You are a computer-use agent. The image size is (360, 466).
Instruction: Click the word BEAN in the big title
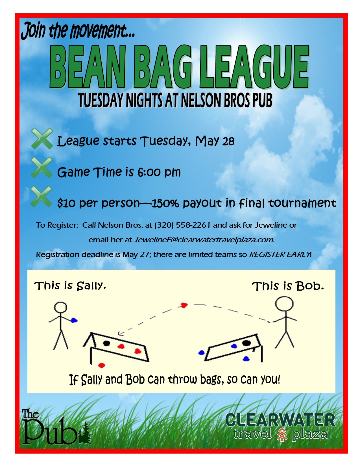[88, 67]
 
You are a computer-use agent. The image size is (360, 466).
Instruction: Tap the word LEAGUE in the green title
[254, 67]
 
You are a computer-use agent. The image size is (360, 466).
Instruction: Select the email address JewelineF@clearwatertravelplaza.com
[204, 240]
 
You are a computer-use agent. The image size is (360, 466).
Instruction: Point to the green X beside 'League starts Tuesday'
[42, 138]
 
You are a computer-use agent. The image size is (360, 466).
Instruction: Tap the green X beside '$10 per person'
[42, 197]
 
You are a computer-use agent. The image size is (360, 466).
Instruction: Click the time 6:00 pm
[159, 172]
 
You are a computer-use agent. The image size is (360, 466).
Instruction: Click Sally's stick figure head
[60, 307]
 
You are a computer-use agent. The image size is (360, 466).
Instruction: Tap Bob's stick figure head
[284, 304]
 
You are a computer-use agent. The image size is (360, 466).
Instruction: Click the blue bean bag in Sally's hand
[74, 320]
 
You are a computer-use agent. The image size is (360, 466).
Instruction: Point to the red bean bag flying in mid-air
[184, 305]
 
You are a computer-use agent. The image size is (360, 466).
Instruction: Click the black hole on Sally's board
[106, 343]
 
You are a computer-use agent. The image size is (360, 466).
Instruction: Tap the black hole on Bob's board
[246, 343]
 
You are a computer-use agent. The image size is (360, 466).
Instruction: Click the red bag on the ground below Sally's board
[101, 365]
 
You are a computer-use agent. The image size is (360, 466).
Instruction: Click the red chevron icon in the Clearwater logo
[282, 434]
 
